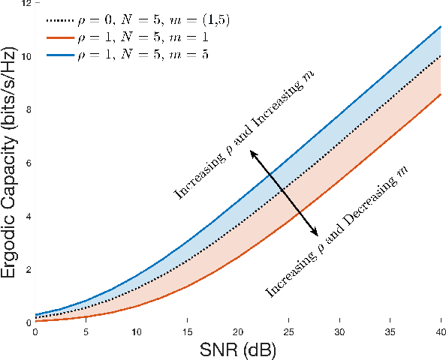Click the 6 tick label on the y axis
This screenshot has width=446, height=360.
tap(28, 163)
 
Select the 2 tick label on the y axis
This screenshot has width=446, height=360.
tap(28, 269)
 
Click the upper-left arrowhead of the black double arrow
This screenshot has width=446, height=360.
tap(253, 153)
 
